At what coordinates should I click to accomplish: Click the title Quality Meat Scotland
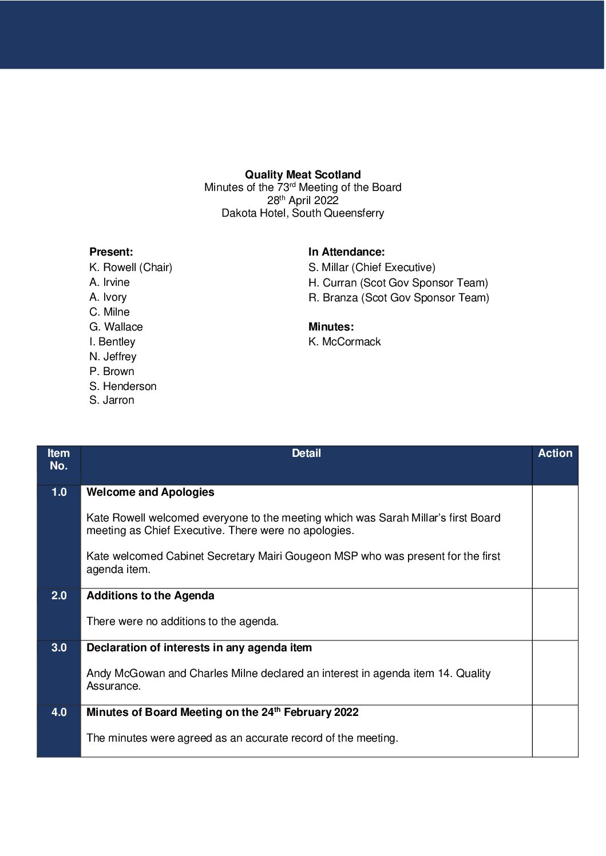303,174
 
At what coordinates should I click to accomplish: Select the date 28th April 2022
303,200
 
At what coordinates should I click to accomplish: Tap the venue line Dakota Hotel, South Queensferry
303,213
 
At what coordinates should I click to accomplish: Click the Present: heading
111,252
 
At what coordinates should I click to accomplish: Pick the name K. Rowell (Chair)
130,267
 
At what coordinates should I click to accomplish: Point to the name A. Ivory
108,297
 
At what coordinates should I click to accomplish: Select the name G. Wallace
116,327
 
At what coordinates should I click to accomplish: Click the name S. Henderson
122,386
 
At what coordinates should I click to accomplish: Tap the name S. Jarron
112,400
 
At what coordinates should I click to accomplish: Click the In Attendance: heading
346,252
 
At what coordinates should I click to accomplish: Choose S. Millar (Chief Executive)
371,267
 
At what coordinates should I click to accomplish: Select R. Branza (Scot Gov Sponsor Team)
398,297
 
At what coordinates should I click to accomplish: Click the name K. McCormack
344,341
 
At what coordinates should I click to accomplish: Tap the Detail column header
306,453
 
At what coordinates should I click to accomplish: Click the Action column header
554,453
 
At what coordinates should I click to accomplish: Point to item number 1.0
59,492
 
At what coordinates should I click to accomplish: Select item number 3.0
59,647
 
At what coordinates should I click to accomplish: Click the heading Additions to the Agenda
150,595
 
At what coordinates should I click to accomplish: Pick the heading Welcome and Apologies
150,492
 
